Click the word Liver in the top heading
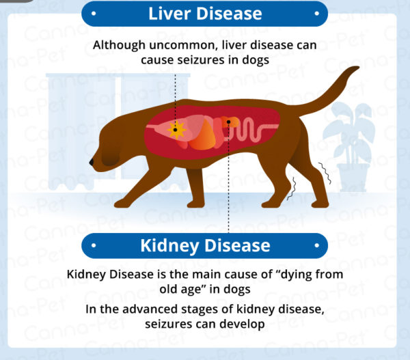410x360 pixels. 171,13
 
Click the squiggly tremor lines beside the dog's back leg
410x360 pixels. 327,176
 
